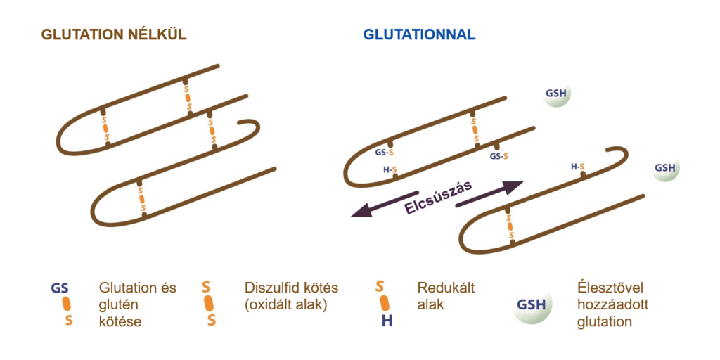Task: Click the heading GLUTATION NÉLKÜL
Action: (x=114, y=35)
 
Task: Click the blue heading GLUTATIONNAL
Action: (x=419, y=35)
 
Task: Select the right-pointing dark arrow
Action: (x=489, y=193)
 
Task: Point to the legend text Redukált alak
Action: (x=446, y=296)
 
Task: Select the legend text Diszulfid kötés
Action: (x=292, y=288)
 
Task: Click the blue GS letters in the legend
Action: (x=60, y=289)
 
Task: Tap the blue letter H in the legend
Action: (x=387, y=321)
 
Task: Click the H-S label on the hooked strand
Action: (x=578, y=167)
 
